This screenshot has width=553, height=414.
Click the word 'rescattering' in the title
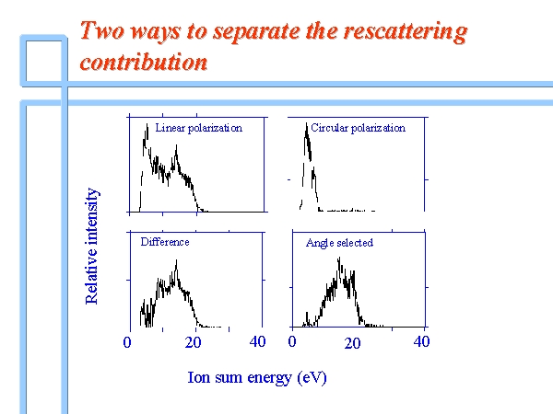406,31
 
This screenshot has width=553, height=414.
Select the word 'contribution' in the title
144,63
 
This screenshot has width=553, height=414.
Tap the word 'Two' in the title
102,30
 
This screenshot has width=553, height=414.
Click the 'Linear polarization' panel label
199,128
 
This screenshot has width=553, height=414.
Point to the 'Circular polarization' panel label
358,128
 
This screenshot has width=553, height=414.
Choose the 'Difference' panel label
165,242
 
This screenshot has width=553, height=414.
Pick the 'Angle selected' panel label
339,243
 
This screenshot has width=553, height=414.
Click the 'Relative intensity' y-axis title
92,246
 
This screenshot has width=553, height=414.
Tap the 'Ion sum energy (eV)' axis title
257,378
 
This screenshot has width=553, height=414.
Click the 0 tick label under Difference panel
127,342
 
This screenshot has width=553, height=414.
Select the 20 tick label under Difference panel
193,342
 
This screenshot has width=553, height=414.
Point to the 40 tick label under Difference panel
257,341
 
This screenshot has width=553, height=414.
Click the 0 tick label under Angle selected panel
292,341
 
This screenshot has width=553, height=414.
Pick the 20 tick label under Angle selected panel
352,343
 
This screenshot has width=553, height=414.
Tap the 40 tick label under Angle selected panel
421,341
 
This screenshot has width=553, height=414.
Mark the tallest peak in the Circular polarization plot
306,123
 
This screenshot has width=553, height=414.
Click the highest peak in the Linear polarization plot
147,124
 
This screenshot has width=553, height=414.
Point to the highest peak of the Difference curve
176,260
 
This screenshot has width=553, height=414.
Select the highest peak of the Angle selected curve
339,258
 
